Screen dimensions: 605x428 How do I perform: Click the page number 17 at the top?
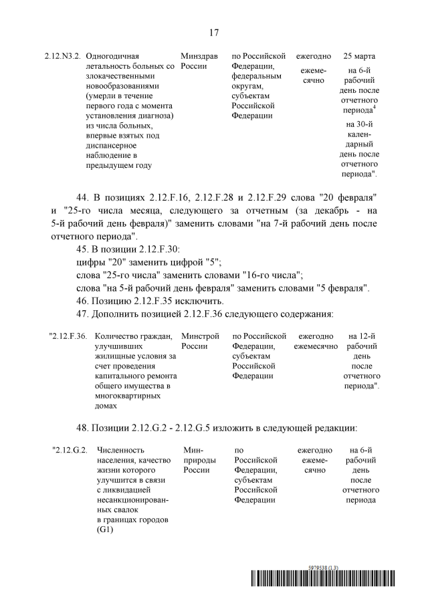[x=214, y=32]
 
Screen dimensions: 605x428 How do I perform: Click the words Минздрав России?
[x=198, y=62]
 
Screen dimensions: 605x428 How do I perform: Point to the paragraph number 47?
[x=83, y=314]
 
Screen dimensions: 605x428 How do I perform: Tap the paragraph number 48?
[x=83, y=427]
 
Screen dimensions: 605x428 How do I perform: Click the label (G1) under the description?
[x=106, y=530]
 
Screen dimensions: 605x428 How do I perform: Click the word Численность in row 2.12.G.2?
[x=122, y=450]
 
